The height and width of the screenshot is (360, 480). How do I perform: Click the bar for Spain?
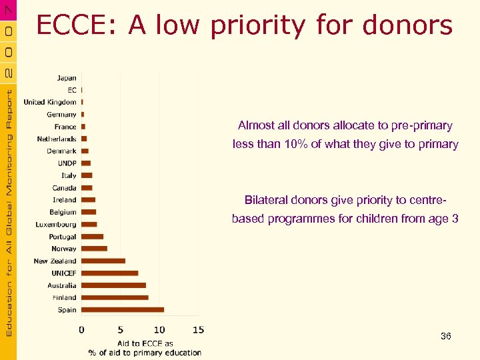(x=123, y=309)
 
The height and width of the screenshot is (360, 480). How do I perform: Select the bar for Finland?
(x=115, y=297)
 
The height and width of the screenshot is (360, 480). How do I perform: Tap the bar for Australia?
(x=113, y=285)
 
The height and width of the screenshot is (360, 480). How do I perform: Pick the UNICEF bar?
(x=109, y=273)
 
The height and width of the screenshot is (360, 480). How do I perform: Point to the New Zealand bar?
(x=103, y=261)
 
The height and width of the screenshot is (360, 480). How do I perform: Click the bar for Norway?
(x=94, y=249)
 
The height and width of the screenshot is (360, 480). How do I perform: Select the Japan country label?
(x=66, y=78)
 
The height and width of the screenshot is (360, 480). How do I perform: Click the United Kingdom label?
(x=50, y=102)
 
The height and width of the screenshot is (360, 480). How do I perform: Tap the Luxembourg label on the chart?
(x=56, y=225)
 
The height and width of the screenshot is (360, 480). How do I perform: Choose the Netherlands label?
(x=57, y=139)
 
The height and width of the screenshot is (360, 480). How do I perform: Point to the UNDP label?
(x=67, y=163)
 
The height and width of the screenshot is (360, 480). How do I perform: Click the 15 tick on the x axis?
(x=198, y=329)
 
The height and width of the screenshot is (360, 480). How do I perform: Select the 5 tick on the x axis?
(x=121, y=329)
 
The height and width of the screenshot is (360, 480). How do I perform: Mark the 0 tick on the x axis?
(x=81, y=329)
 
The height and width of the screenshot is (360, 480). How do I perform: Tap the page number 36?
(x=445, y=336)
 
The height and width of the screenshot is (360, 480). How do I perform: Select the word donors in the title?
(x=408, y=26)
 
